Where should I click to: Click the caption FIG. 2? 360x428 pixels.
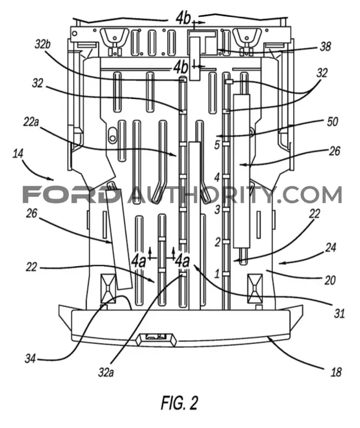pos(179,403)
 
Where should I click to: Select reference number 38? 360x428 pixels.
pos(325,47)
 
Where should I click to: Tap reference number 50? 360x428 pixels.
pos(332,121)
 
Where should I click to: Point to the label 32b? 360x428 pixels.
pos(42,44)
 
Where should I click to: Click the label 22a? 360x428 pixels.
pos(31,122)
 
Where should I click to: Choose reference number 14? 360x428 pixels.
pos(18,154)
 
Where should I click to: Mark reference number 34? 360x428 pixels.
pos(30,358)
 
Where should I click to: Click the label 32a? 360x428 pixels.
pos(106,372)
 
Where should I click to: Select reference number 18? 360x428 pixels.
pos(336,372)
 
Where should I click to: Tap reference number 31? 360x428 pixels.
pos(339,314)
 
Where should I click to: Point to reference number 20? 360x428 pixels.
pos(330,280)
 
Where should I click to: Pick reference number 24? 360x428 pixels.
pos(331,248)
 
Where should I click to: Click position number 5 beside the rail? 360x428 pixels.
pos(217,145)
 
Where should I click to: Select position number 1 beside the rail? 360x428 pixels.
pos(217,273)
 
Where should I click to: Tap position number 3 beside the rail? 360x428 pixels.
pos(217,209)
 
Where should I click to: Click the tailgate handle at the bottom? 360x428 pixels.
pos(156,339)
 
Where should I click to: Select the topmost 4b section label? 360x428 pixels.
pos(183,18)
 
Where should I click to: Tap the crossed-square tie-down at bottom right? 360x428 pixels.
pos(255,288)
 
